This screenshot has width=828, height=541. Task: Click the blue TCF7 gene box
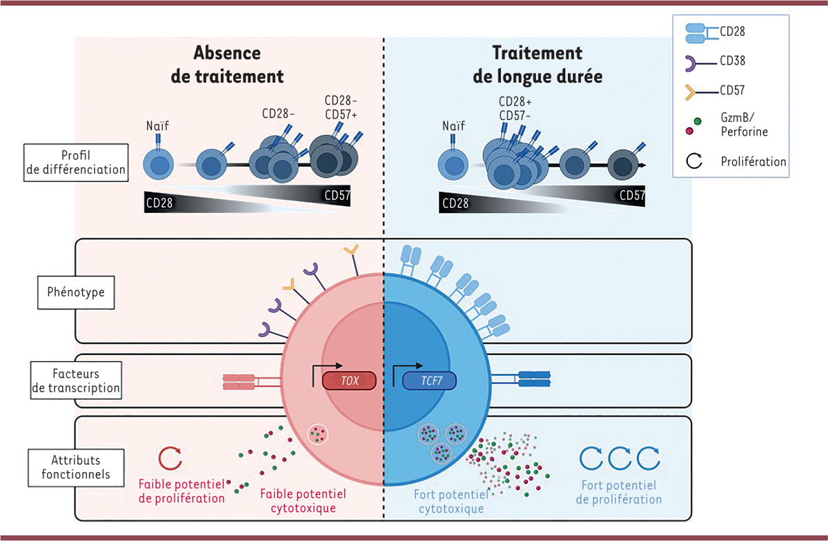pos(429,380)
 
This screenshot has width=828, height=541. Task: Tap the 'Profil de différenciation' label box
pos(76,163)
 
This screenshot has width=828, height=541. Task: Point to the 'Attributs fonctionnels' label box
pos(75,467)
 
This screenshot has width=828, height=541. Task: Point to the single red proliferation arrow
pos(170,458)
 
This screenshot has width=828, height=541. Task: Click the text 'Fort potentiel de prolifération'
pos(621,492)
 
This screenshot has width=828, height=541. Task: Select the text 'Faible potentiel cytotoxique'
pos(303,501)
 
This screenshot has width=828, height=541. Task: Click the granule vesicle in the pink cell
pos(317,434)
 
